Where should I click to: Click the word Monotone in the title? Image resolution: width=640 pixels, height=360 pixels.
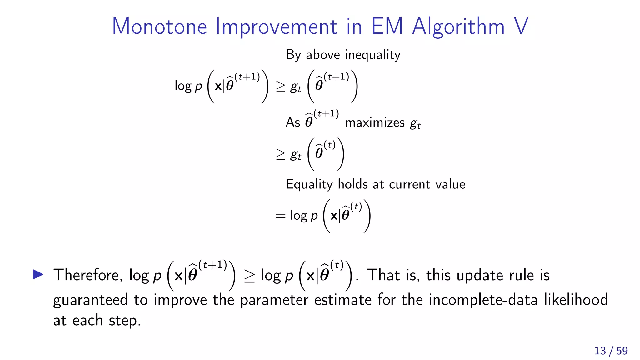coord(160,26)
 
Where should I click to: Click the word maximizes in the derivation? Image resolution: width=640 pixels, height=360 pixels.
coord(375,122)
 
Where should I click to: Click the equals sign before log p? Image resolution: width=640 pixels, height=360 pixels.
coord(280,216)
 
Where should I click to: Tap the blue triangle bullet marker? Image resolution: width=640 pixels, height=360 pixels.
coord(38,274)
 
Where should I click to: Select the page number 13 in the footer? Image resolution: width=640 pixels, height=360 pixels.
coord(600,351)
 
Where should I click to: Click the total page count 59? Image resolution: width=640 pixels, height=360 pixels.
coord(622,351)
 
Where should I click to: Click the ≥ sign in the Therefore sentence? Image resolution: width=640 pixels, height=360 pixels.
coord(249,276)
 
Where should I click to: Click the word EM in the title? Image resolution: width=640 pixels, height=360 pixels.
coord(387,26)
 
